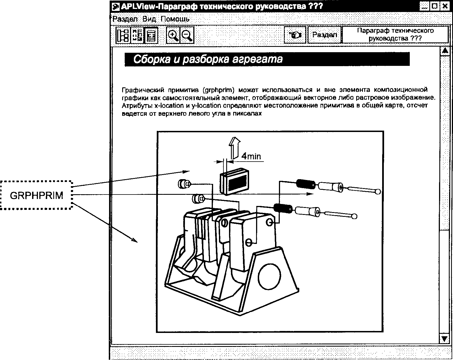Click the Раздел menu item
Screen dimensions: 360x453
tap(125, 19)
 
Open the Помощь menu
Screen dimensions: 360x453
tap(175, 19)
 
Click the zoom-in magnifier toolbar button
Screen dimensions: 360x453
tap(173, 35)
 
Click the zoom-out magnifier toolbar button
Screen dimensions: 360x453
tap(187, 35)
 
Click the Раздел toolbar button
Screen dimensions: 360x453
tap(324, 35)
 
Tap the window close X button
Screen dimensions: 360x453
tap(444, 6)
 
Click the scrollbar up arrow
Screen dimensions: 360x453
tap(445, 51)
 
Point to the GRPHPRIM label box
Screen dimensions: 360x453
tap(36, 195)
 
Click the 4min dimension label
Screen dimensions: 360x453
tap(251, 156)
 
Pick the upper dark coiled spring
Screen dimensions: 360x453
tap(305, 183)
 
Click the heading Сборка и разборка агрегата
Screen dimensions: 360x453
tap(208, 59)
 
